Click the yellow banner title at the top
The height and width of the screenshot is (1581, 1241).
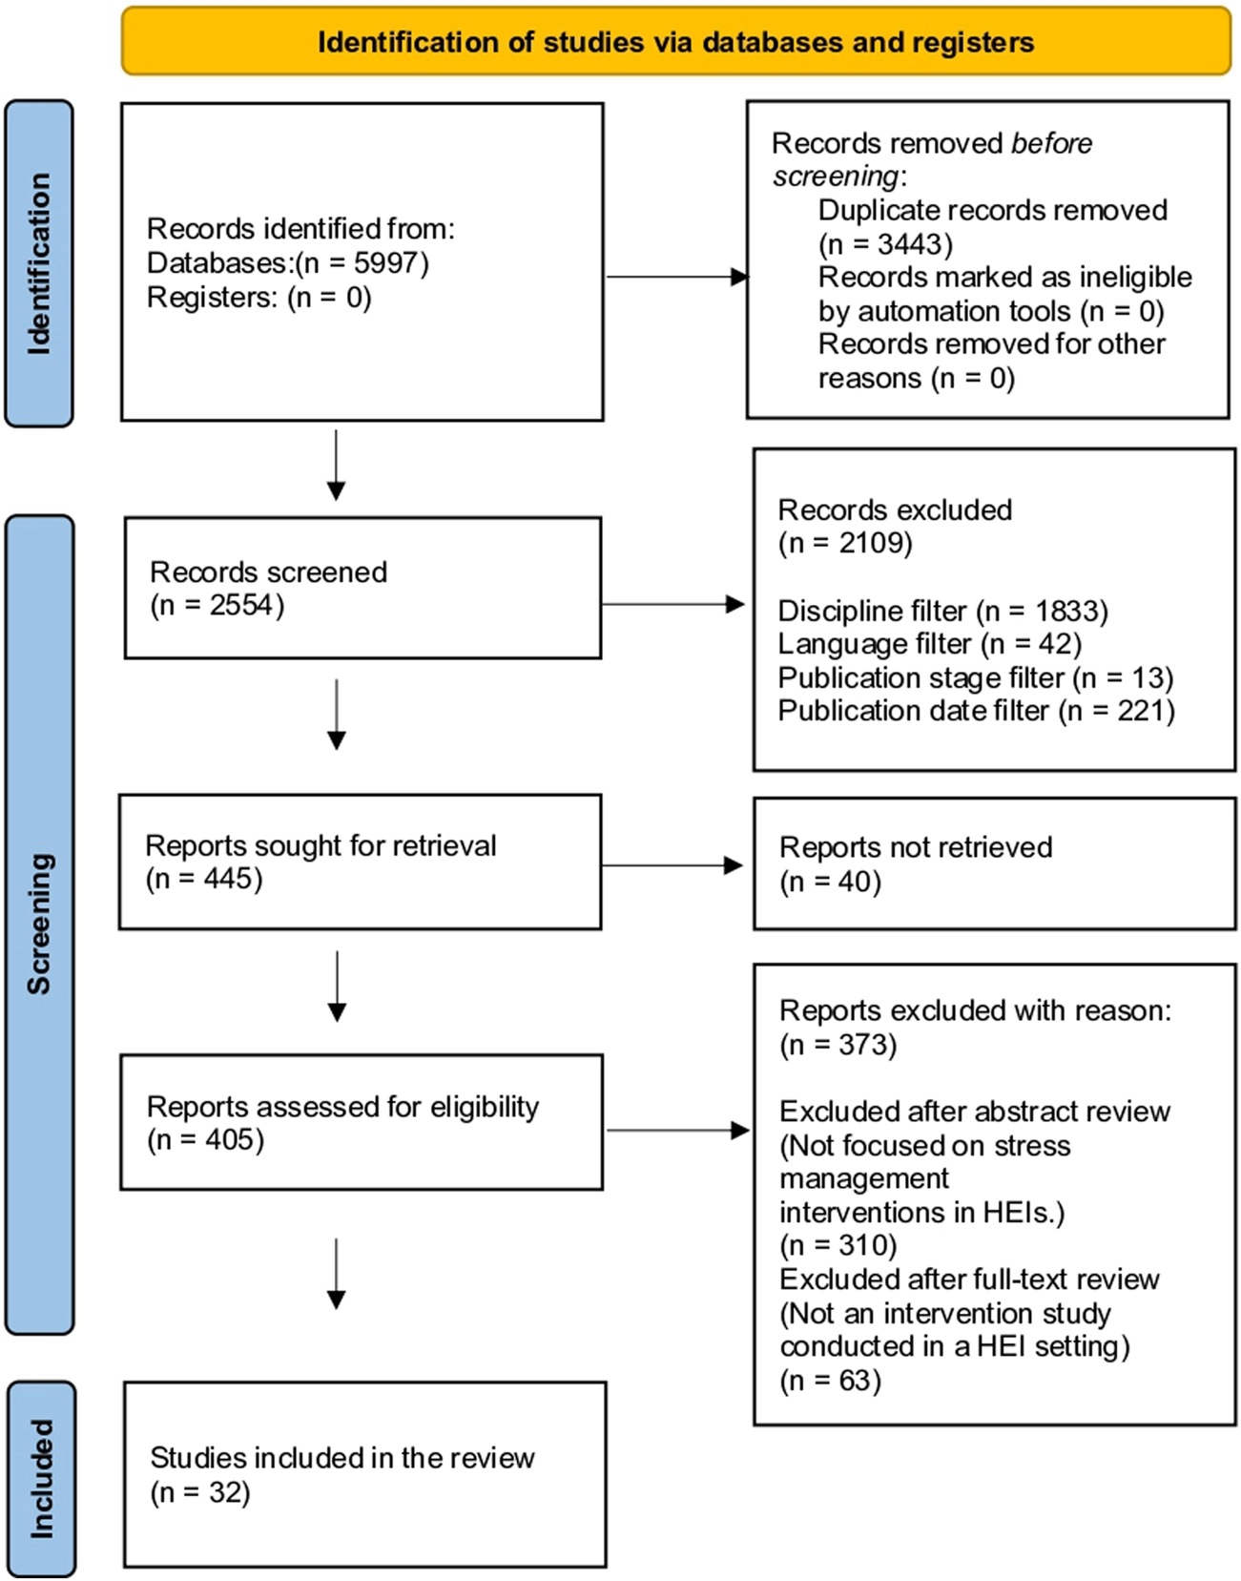point(675,42)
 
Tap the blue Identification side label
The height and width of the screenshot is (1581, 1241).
point(39,263)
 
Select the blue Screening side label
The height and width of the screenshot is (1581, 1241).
point(39,925)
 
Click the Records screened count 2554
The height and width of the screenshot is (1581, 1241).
point(240,605)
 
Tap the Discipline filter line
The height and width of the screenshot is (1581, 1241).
point(943,612)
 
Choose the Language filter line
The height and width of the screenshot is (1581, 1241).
point(930,644)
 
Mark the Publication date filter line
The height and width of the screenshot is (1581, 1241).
point(977,711)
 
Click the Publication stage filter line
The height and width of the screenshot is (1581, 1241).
point(976,677)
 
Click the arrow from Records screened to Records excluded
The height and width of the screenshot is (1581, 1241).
point(673,604)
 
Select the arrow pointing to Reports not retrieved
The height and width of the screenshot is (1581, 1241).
point(672,865)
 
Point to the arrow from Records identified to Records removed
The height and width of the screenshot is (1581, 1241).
point(677,277)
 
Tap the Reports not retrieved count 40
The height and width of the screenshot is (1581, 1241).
point(855,882)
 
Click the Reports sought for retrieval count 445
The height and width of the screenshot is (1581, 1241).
point(228,879)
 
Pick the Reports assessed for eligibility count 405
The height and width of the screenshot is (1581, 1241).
point(229,1139)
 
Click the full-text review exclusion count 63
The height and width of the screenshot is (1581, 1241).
point(855,1381)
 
